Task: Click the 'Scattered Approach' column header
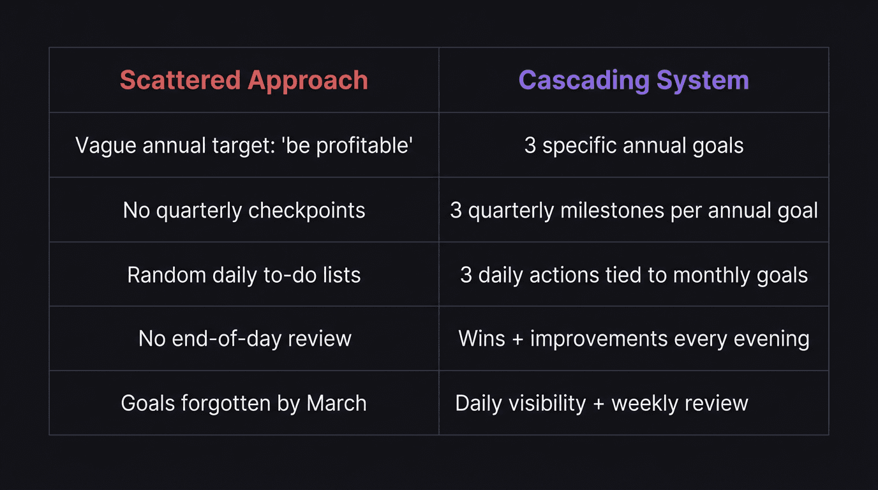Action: pyautogui.click(x=244, y=80)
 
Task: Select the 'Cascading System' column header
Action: pyautogui.click(x=634, y=80)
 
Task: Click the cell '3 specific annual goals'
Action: pyautogui.click(x=634, y=145)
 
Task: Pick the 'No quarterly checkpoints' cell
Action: pyautogui.click(x=244, y=210)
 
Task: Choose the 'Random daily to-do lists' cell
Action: pyautogui.click(x=244, y=275)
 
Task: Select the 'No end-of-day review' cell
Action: pyautogui.click(x=244, y=338)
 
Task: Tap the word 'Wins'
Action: pyautogui.click(x=482, y=338)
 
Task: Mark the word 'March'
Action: pyautogui.click(x=336, y=403)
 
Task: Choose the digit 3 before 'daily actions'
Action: pyautogui.click(x=466, y=275)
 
